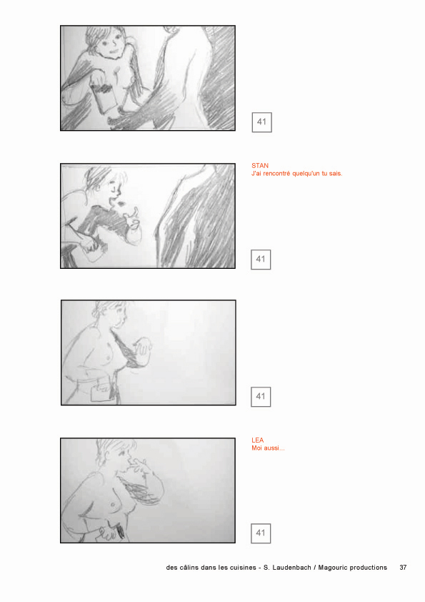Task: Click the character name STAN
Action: click(260, 165)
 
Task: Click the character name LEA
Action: click(257, 440)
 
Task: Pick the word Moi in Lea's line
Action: click(256, 448)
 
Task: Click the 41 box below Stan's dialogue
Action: click(261, 260)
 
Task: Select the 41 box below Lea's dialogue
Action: click(261, 533)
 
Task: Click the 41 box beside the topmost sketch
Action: click(262, 122)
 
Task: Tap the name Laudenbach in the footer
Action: click(291, 568)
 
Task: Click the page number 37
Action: click(403, 568)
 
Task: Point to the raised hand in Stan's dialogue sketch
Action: click(132, 217)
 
